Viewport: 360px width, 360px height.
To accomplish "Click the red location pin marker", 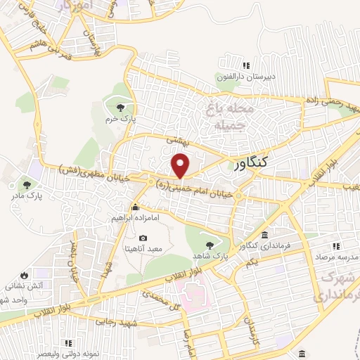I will [181, 166].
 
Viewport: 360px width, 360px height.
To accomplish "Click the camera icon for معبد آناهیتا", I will [143, 239].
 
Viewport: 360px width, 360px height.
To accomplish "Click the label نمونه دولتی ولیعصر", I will [69, 353].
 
